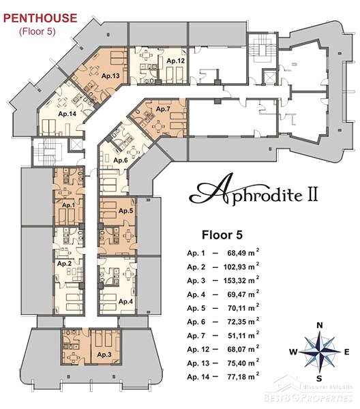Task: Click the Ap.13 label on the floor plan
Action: [110, 76]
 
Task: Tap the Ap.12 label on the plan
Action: [175, 61]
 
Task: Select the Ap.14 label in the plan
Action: [67, 114]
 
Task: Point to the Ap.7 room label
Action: [163, 109]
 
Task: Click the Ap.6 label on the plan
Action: [121, 160]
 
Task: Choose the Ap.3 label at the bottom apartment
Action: [104, 354]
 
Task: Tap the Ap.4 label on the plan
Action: [125, 301]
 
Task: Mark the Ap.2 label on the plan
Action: [64, 263]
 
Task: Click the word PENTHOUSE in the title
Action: [40, 18]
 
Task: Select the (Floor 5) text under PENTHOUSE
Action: [37, 31]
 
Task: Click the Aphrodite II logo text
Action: [254, 191]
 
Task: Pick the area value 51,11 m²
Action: [243, 335]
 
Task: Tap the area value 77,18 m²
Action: [243, 376]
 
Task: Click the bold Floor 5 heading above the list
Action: [222, 234]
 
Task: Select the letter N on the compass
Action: [320, 325]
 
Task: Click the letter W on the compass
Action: [293, 352]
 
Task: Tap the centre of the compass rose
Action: [320, 352]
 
